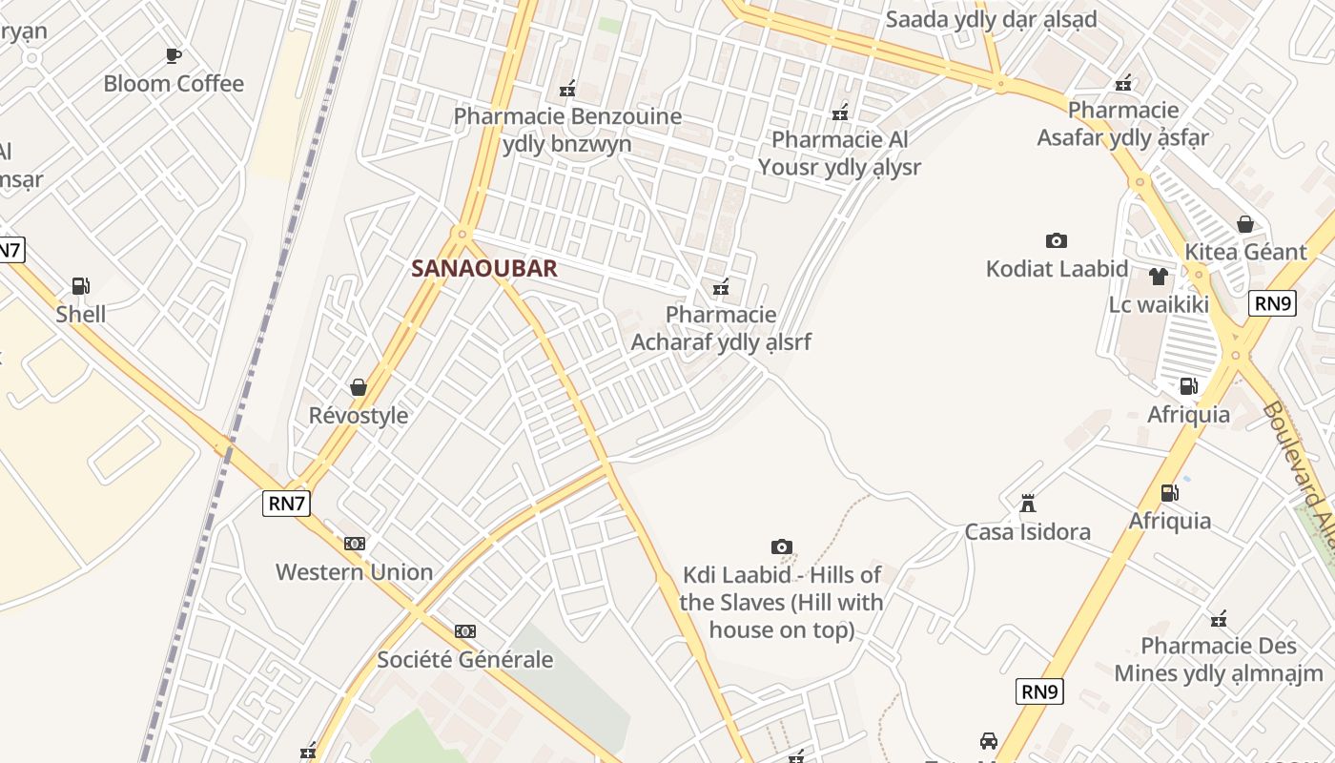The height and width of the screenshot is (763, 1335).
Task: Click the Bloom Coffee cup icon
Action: [x=174, y=56]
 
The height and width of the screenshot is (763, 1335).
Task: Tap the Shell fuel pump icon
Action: [x=80, y=286]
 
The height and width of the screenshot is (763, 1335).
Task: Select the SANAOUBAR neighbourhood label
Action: [x=483, y=268]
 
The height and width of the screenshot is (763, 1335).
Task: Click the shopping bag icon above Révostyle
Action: [x=359, y=387]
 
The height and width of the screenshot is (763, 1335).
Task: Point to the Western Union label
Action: [x=354, y=572]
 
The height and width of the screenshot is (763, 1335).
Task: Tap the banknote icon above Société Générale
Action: [x=464, y=631]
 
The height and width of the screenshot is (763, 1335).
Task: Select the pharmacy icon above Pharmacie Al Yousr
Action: [x=840, y=113]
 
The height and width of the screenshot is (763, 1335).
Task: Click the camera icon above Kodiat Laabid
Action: [x=1056, y=240]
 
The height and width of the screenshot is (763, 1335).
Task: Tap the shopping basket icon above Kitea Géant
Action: [x=1244, y=224]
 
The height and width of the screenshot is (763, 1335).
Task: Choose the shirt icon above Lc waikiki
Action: [x=1158, y=277]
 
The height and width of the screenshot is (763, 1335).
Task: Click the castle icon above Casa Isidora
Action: [x=1027, y=504]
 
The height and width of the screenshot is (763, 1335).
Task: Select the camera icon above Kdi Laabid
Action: [x=781, y=546]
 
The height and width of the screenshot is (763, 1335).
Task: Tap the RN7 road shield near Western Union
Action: [x=286, y=504]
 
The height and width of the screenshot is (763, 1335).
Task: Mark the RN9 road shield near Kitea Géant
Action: [x=1273, y=303]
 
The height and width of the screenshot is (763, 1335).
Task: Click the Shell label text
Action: [x=81, y=314]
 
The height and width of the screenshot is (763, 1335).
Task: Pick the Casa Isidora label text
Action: [x=1027, y=531]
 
